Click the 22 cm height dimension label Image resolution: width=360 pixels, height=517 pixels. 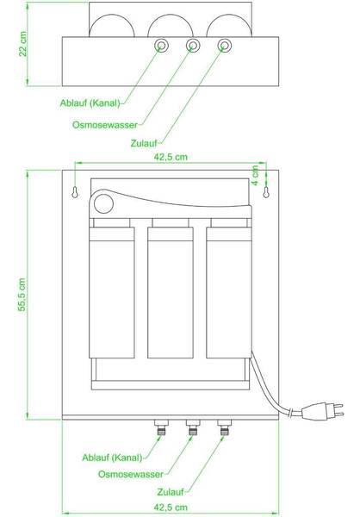pyautogui.click(x=22, y=44)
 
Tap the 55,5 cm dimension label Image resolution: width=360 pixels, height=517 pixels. pyautogui.click(x=22, y=295)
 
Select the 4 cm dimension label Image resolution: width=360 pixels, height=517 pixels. pyautogui.click(x=255, y=176)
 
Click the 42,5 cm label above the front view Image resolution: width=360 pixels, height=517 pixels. pyautogui.click(x=171, y=157)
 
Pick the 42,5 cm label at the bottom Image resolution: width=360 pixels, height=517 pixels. pyautogui.click(x=171, y=508)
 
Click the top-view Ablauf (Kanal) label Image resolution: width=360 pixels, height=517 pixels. pyautogui.click(x=90, y=103)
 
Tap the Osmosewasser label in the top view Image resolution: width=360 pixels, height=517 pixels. pyautogui.click(x=105, y=125)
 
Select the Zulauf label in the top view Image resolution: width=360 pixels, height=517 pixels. pyautogui.click(x=144, y=143)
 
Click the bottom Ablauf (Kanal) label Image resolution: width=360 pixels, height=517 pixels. pyautogui.click(x=112, y=458)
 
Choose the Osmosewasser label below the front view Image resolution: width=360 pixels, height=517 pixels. pyautogui.click(x=131, y=475)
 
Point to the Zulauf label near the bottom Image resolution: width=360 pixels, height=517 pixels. pyautogui.click(x=171, y=492)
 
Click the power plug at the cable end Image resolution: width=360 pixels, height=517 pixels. pyautogui.click(x=323, y=410)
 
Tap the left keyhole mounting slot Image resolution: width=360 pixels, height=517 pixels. pyautogui.click(x=75, y=192)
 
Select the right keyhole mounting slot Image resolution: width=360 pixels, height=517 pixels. pyautogui.click(x=266, y=192)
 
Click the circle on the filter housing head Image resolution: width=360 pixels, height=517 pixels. pyautogui.click(x=103, y=203)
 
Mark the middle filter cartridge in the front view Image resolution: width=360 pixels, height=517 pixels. pyautogui.click(x=171, y=292)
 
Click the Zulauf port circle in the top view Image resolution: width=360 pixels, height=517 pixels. pyautogui.click(x=225, y=45)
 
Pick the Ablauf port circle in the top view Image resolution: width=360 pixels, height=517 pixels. pyautogui.click(x=162, y=45)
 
